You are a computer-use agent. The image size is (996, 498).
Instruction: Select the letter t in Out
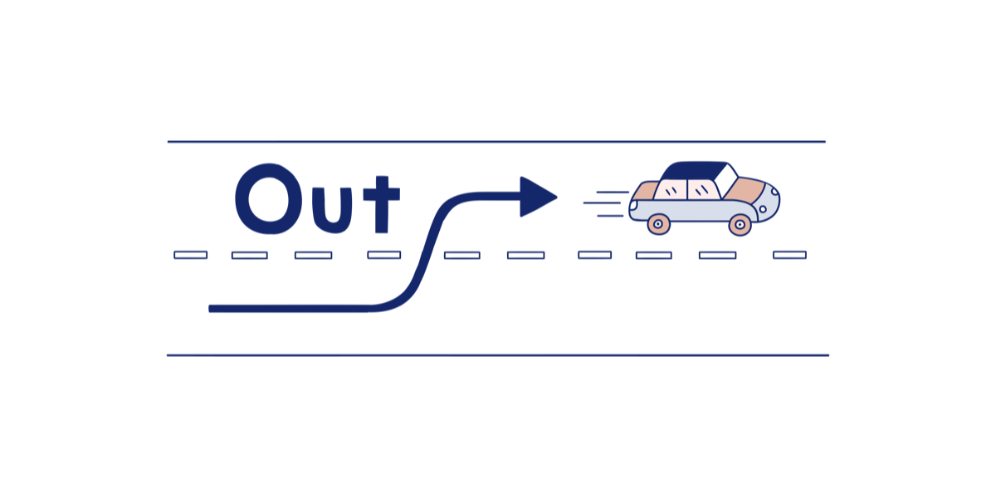point(383,203)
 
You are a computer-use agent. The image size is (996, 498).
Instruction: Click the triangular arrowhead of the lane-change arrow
point(535,197)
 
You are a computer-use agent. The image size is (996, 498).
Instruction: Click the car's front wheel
point(740,223)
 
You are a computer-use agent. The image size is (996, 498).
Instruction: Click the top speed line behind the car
point(612,192)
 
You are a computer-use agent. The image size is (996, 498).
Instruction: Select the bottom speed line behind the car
point(610,216)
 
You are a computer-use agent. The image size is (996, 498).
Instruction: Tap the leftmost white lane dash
point(190,255)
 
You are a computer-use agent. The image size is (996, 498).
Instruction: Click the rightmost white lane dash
point(789,255)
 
